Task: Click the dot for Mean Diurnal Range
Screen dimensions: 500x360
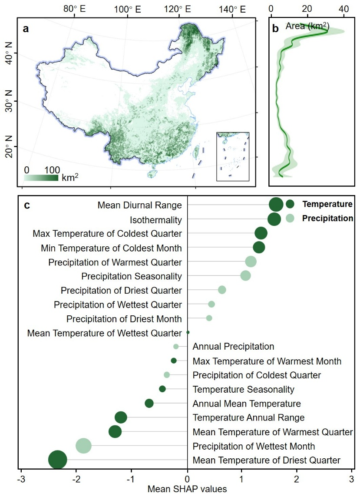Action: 276,204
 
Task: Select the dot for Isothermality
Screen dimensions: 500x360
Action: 274,219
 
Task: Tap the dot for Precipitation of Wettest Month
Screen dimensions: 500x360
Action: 83,446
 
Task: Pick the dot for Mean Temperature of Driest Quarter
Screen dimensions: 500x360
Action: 58,460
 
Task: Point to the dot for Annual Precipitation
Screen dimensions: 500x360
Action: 176,347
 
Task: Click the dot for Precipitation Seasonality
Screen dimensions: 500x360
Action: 246,276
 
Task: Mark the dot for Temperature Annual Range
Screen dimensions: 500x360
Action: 121,417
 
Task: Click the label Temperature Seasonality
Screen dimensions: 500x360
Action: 243,389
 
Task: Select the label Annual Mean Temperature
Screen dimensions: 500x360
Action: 246,404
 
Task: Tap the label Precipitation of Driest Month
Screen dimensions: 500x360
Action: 124,319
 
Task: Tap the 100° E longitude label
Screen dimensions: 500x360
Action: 126,9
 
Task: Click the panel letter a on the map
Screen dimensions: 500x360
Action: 26,29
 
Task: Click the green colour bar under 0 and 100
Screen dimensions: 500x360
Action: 41,178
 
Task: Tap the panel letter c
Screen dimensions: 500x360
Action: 27,205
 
